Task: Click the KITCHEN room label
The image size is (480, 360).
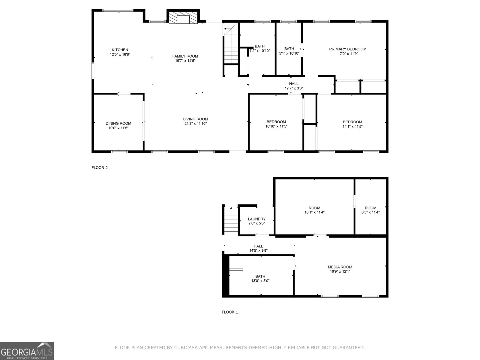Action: (120, 50)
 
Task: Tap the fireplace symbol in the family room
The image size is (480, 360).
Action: (183, 17)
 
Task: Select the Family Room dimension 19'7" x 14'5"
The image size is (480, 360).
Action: (185, 61)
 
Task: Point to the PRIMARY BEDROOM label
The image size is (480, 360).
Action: (348, 49)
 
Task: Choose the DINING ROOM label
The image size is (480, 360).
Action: (118, 123)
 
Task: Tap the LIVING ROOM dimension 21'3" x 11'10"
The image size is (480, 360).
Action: (196, 124)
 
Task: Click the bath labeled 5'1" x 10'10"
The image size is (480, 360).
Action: (289, 51)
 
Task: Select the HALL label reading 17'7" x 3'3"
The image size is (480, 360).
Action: (294, 86)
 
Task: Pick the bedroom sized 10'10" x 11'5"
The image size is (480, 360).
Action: (276, 124)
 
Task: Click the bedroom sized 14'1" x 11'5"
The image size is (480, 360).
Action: (352, 124)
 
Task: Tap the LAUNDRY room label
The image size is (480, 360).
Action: (256, 219)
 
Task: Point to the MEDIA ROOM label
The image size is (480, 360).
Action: (340, 267)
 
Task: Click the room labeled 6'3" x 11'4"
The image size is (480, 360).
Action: (370, 210)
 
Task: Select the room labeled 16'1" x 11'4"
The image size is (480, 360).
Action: (314, 210)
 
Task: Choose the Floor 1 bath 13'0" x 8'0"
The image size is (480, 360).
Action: (260, 279)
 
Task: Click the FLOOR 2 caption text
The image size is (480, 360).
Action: (100, 168)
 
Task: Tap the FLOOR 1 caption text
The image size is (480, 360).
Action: (230, 312)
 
